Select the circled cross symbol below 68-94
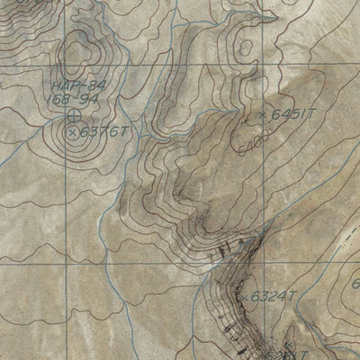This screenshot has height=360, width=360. coord(73,114)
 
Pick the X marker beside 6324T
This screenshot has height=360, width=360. coord(245,296)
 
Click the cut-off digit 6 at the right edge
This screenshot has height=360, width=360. coord(355,283)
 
